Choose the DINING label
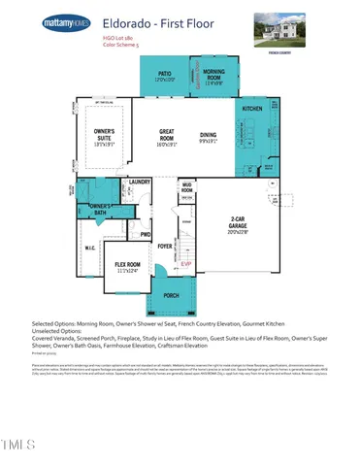[x=208, y=138]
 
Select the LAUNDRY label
[x=138, y=181]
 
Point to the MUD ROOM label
[x=186, y=187]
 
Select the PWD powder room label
[x=145, y=234]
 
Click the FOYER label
[x=165, y=246]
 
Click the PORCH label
[x=171, y=295]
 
